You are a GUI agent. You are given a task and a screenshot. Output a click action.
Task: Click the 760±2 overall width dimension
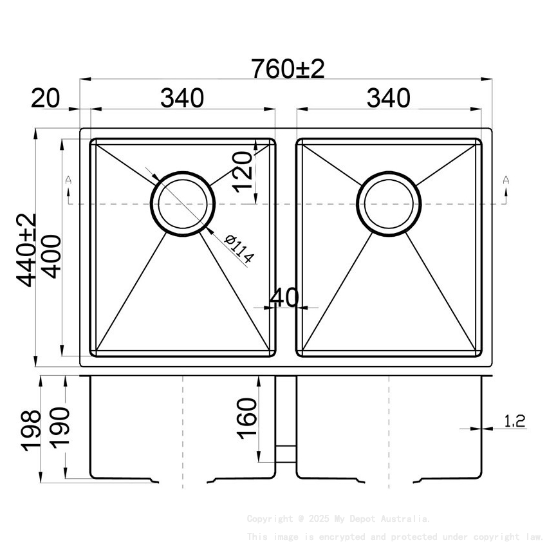(288, 68)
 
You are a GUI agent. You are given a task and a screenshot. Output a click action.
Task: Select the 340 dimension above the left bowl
(182, 98)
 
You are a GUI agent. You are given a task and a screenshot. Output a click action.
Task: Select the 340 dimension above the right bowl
(388, 98)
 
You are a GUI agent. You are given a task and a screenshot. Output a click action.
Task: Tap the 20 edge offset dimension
(45, 98)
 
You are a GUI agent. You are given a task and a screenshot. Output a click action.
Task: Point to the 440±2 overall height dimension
(28, 250)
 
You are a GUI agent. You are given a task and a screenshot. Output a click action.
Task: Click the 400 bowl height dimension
(51, 255)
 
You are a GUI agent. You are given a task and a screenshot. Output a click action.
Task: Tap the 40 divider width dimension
(284, 298)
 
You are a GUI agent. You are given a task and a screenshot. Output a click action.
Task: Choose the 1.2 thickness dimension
(514, 422)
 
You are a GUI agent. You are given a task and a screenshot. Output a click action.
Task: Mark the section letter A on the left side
(68, 180)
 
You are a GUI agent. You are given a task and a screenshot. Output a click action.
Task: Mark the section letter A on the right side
(506, 180)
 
